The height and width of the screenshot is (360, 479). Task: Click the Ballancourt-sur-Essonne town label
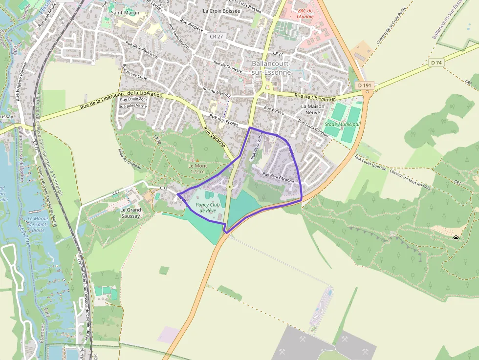click(271, 68)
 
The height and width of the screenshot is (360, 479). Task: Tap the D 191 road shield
click(365, 85)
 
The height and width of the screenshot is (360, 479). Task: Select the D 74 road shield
click(436, 63)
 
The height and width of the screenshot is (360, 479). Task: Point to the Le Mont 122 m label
click(198, 168)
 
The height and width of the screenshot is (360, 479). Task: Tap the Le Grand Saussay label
click(131, 212)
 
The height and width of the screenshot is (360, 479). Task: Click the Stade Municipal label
click(342, 124)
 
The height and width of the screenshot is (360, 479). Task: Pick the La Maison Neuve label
click(313, 109)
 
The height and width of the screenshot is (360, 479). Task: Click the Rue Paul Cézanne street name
click(279, 177)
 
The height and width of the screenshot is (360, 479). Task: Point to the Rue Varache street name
click(215, 138)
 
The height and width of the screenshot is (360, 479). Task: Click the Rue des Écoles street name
click(224, 120)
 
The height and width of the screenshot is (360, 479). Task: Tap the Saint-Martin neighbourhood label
click(123, 12)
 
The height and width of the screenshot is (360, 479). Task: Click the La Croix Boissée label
click(221, 10)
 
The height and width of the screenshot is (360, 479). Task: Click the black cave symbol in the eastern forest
click(456, 238)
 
